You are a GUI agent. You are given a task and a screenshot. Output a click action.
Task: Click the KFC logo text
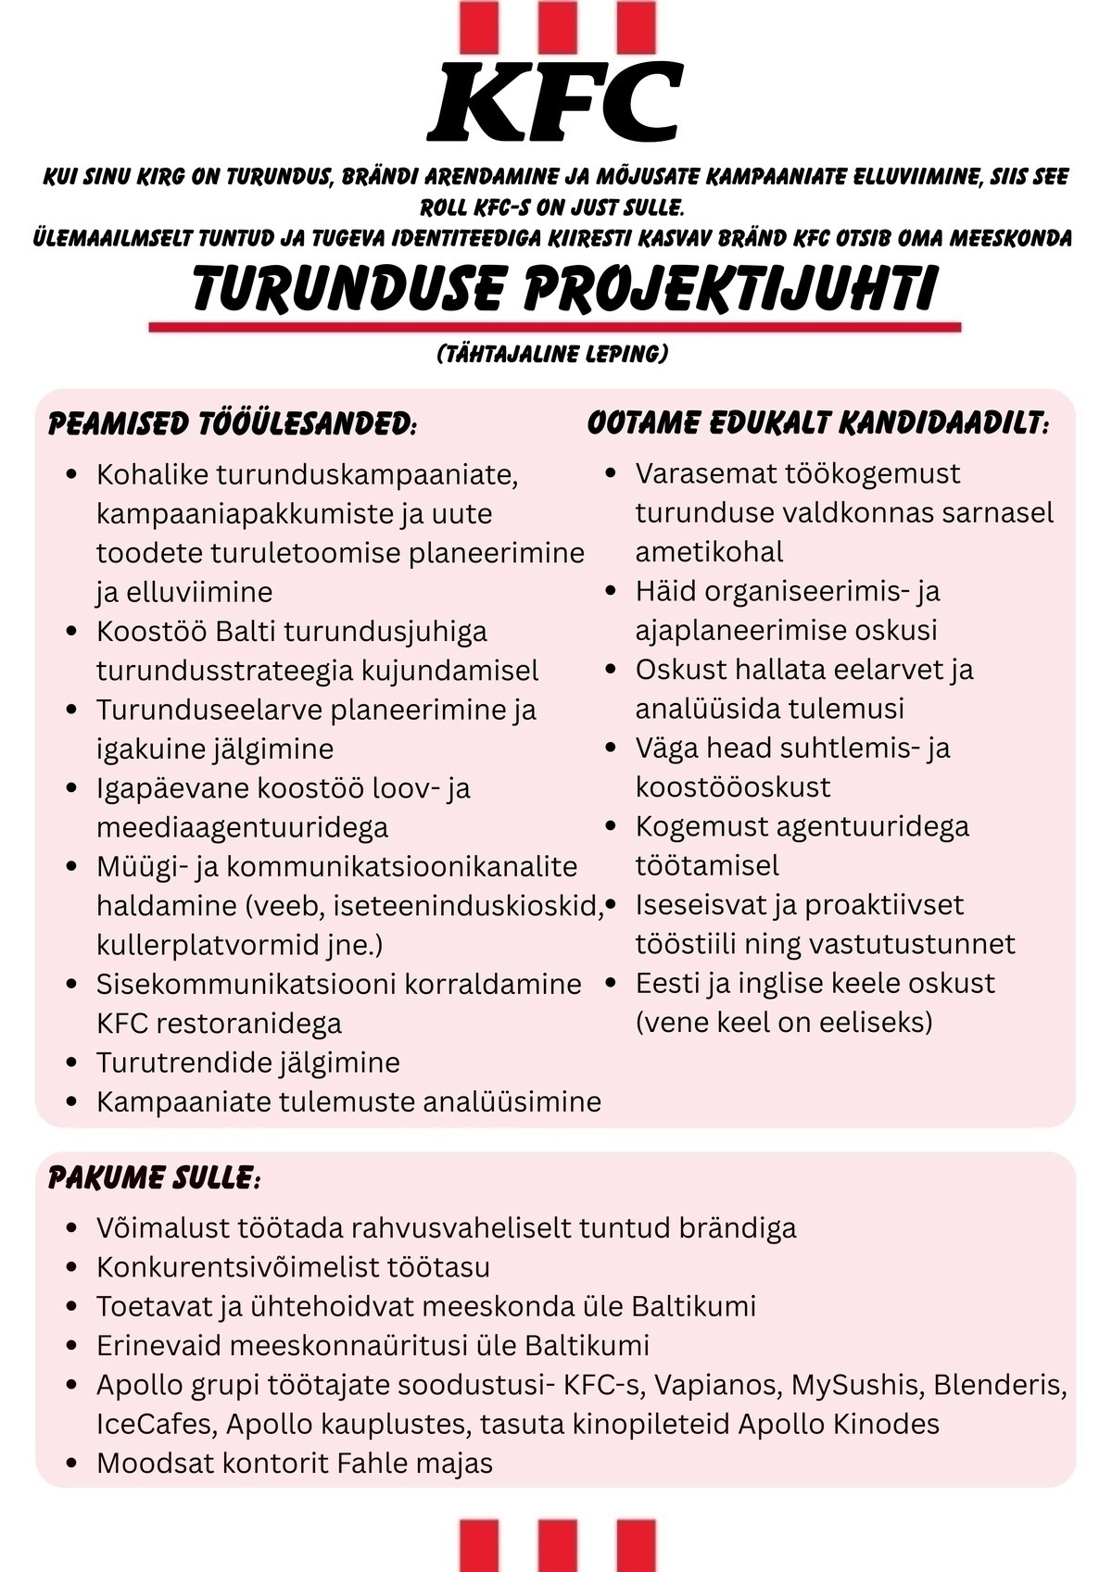(x=556, y=102)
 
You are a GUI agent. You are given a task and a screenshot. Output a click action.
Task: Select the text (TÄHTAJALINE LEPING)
(x=552, y=355)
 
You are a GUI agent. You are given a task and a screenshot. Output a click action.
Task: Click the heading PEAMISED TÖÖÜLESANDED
(x=232, y=424)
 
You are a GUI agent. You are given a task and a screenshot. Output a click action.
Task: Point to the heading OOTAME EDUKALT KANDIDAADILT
(x=818, y=423)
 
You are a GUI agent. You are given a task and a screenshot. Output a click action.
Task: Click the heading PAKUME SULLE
(x=154, y=1178)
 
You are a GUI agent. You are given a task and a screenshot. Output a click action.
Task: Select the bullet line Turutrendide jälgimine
(x=247, y=1063)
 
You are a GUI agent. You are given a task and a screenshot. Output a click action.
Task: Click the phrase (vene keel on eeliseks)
(x=784, y=1022)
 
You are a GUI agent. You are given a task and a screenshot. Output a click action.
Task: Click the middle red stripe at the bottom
(x=557, y=1545)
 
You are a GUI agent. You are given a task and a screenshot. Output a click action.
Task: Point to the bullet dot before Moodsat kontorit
(x=72, y=1464)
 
